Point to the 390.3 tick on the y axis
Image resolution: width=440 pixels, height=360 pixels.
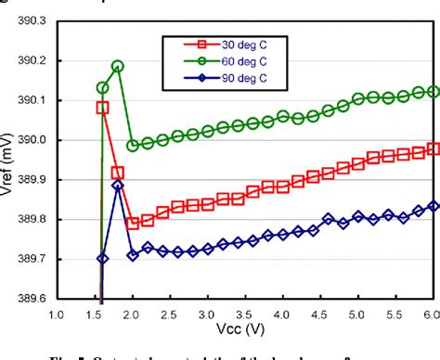tap(34, 20)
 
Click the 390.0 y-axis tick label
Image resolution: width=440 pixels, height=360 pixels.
tap(34, 140)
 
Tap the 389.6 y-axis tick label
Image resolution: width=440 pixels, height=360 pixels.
tap(34, 299)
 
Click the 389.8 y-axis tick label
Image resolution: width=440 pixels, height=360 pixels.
tap(34, 220)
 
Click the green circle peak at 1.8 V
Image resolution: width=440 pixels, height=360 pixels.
tap(118, 67)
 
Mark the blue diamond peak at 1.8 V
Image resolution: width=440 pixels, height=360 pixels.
tap(118, 186)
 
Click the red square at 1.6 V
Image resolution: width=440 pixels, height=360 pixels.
tap(102, 108)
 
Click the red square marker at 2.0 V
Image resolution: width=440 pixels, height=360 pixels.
tap(133, 223)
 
